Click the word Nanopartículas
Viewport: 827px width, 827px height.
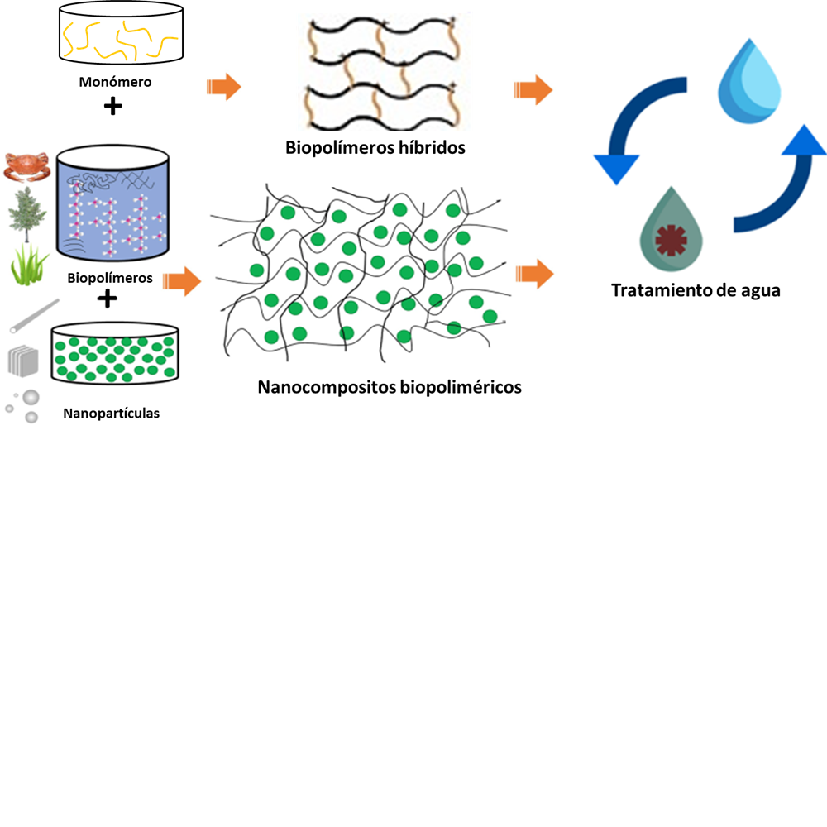click(x=111, y=413)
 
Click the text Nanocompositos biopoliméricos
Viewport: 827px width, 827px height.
click(x=390, y=386)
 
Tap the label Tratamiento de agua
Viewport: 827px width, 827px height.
click(x=696, y=290)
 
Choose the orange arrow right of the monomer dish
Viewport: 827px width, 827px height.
click(x=223, y=86)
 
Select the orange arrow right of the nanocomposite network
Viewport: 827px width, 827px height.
click(x=533, y=274)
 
